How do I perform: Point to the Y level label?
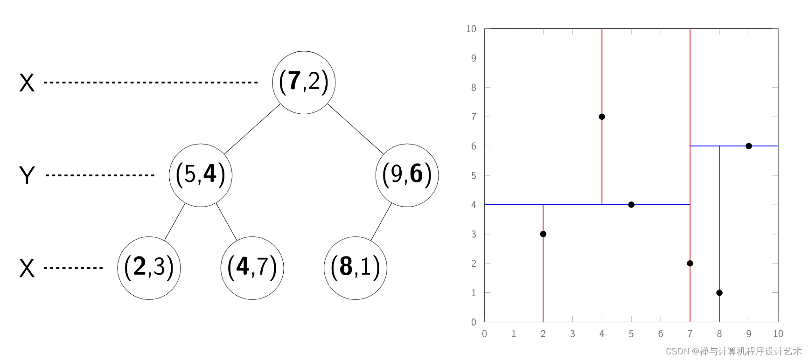(27, 176)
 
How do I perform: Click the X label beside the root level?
(27, 83)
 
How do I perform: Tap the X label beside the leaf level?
(27, 269)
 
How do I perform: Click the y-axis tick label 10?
(471, 29)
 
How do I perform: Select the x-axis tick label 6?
(661, 334)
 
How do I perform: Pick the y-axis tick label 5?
(474, 176)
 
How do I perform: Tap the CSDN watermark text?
(733, 351)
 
